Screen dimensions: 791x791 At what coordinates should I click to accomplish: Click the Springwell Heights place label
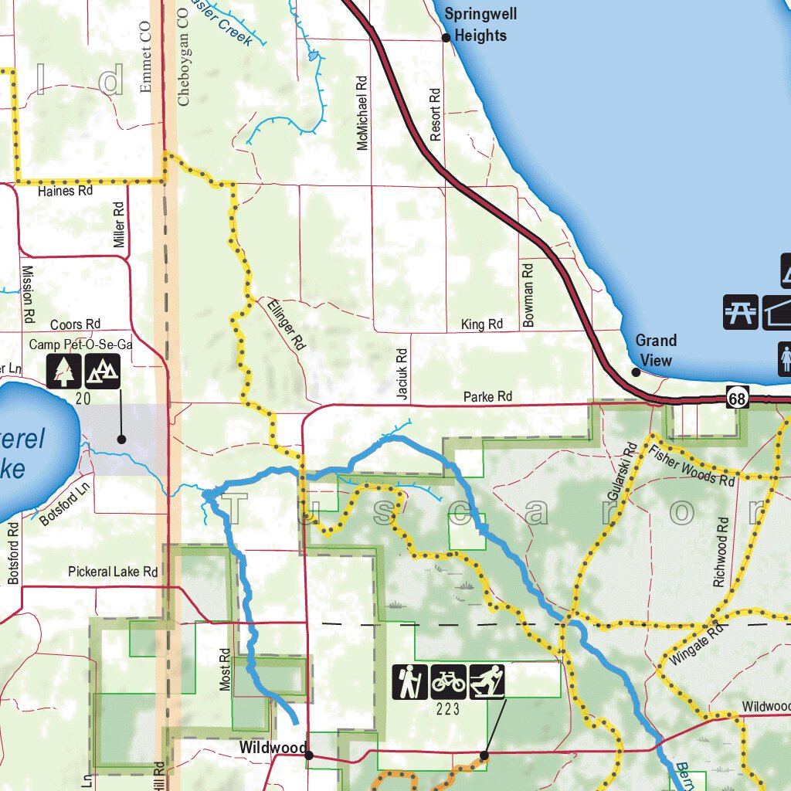pos(480,25)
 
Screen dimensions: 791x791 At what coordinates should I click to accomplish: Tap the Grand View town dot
pos(636,372)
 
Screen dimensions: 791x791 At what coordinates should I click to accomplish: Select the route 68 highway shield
pos(737,398)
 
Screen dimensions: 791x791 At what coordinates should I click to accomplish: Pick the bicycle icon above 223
pos(448,682)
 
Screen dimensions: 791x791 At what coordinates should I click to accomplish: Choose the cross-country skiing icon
pos(487,682)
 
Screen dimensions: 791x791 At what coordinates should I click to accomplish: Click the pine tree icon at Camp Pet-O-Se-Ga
pos(63,371)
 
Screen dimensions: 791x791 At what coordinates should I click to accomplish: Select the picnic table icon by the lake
pos(741,312)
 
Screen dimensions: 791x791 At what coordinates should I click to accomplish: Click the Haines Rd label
pos(65,190)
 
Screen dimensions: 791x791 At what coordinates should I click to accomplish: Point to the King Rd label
pos(482,324)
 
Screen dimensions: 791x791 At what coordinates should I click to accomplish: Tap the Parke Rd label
pos(487,397)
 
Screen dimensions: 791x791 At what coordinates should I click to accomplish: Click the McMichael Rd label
pos(362,112)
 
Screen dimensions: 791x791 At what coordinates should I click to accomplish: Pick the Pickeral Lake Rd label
pos(113,572)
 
